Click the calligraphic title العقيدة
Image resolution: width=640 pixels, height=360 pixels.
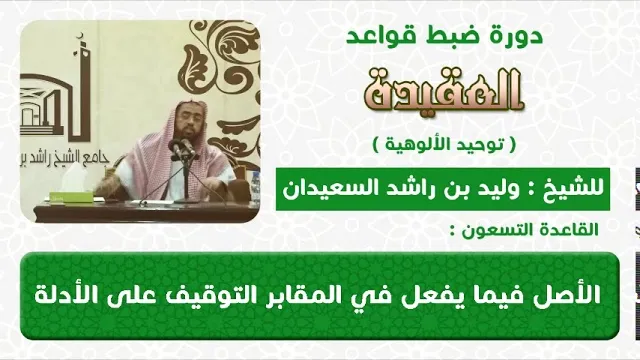[444, 90]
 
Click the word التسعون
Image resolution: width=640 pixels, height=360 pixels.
[502, 230]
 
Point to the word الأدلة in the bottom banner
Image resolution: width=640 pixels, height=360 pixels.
[61, 295]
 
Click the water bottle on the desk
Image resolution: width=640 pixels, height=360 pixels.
[255, 187]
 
